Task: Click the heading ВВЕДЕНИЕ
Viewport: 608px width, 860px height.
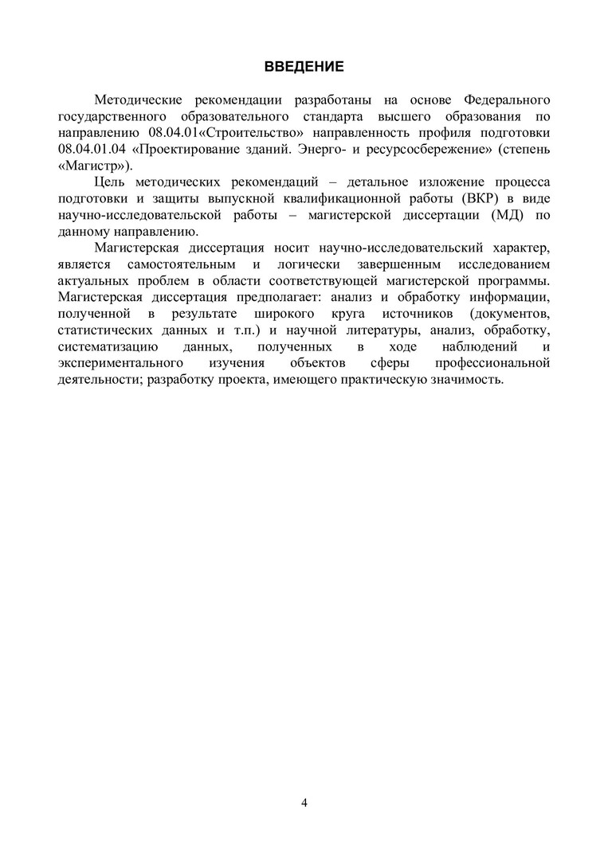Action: tap(304, 66)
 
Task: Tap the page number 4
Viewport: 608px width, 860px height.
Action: tap(304, 802)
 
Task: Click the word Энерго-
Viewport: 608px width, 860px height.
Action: tap(338, 149)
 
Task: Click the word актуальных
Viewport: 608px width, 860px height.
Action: tap(94, 283)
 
